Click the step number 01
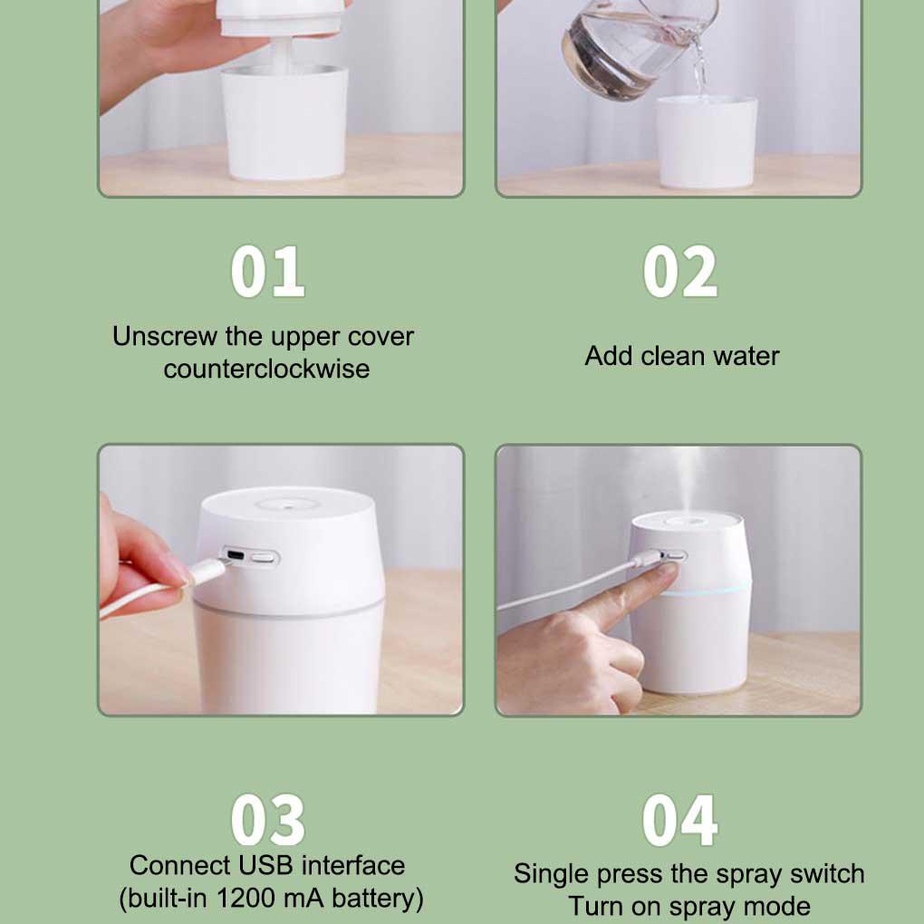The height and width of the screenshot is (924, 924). (x=267, y=272)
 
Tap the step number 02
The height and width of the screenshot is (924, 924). (x=680, y=272)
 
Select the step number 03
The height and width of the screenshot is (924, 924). (x=267, y=820)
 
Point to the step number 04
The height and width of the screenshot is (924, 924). (x=680, y=820)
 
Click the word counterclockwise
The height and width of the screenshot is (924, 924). (x=267, y=370)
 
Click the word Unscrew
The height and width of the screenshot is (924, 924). (x=165, y=336)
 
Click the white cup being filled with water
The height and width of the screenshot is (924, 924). (x=707, y=142)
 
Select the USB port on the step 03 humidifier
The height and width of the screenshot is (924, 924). (x=236, y=555)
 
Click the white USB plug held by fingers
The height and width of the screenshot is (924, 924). (x=207, y=572)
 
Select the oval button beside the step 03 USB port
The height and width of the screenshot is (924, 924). (x=264, y=557)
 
